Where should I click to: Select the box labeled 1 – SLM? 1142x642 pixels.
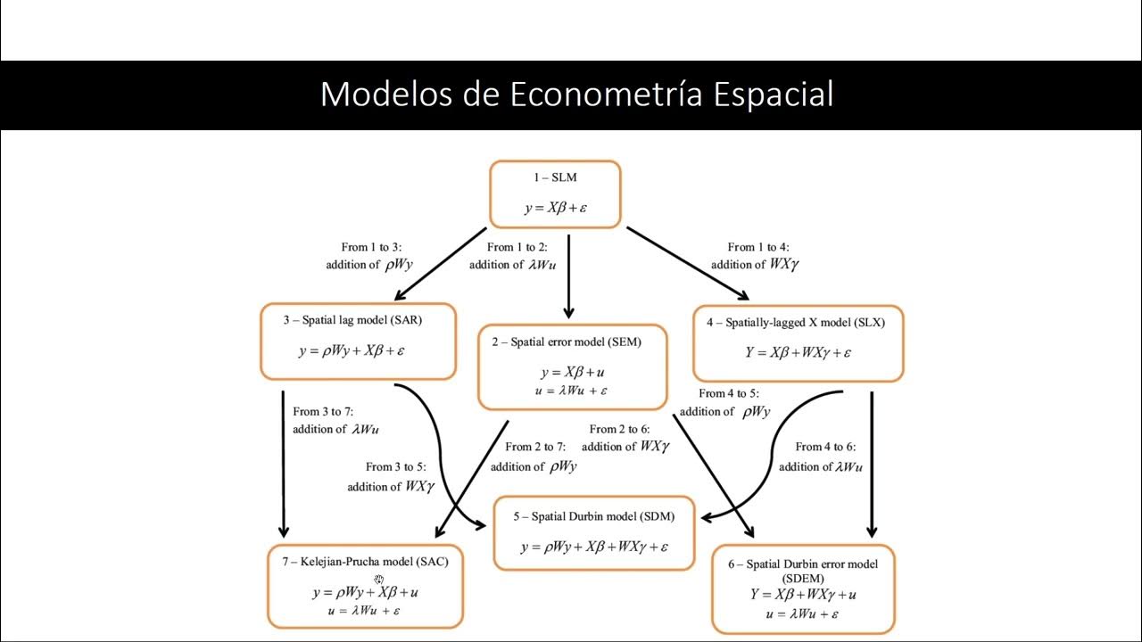(554, 194)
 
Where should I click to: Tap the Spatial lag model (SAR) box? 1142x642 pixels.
(358, 342)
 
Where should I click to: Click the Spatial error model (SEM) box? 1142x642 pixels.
(572, 366)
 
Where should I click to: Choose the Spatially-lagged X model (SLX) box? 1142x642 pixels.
(798, 343)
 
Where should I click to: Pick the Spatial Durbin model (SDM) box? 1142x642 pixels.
(593, 533)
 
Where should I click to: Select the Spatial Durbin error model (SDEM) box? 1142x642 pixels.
(802, 588)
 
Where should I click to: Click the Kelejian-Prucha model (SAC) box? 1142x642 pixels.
(365, 586)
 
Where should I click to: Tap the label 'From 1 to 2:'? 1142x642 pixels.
(517, 247)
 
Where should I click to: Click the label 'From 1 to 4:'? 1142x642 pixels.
(757, 247)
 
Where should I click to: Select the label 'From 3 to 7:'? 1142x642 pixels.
(323, 412)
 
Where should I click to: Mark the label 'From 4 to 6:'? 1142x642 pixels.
(825, 447)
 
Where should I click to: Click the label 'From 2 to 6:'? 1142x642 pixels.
(619, 429)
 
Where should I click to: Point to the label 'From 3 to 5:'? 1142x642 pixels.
(395, 466)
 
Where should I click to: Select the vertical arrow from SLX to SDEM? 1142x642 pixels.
(872, 464)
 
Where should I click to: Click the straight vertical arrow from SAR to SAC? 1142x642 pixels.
(284, 464)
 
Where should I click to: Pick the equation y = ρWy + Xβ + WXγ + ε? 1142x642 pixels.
(594, 547)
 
